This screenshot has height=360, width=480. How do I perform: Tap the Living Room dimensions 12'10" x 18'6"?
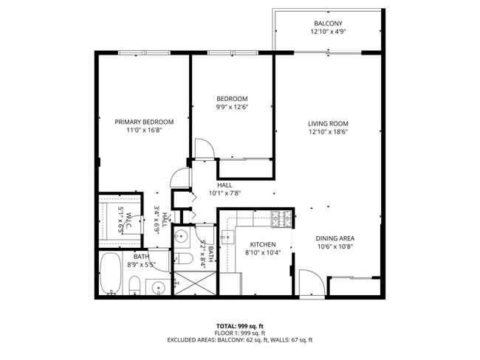tap(329, 132)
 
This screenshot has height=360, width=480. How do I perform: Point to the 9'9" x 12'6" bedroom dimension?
tap(232, 108)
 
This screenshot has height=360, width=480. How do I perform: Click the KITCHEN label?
tap(263, 244)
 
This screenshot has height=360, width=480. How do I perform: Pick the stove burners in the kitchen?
tap(281, 219)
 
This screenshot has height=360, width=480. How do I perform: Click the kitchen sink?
tap(227, 236)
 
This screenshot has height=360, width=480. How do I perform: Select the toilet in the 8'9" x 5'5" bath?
tap(134, 286)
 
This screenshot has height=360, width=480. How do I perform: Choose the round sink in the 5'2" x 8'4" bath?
tap(181, 237)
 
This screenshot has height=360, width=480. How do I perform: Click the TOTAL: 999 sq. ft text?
tap(239, 326)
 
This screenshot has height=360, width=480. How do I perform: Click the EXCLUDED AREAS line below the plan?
tap(239, 340)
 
